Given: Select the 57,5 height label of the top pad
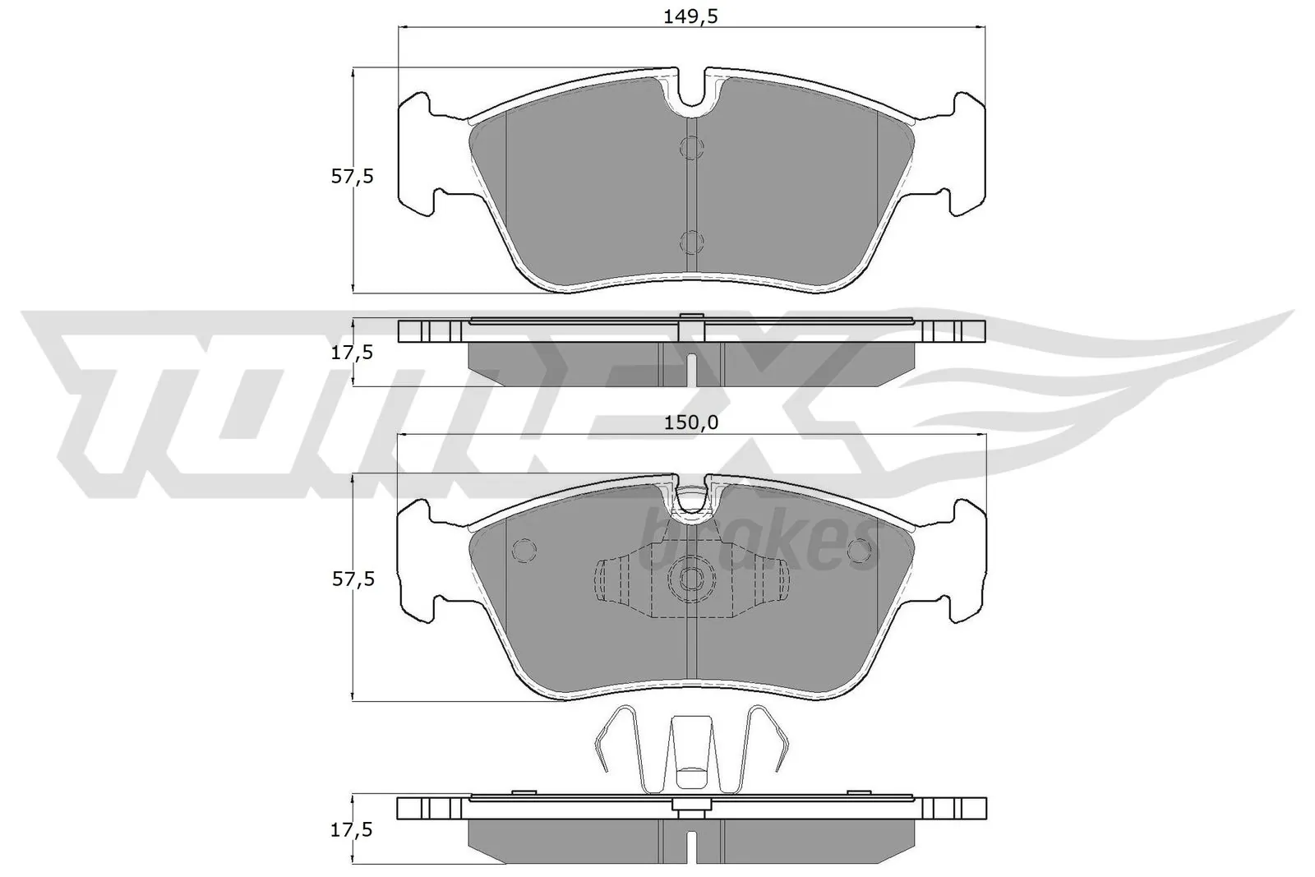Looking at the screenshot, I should [353, 176].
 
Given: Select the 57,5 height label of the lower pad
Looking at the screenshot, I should [353, 579].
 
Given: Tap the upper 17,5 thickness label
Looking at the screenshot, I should [353, 353].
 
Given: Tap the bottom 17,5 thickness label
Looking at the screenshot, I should [353, 830].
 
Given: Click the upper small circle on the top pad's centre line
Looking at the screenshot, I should [692, 148].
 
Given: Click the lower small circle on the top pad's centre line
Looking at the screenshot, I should [692, 242].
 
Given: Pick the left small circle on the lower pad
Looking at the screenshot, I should [523, 550].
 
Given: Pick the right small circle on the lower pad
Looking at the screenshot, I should [861, 550].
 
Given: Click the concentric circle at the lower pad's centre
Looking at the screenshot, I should [691, 579].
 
